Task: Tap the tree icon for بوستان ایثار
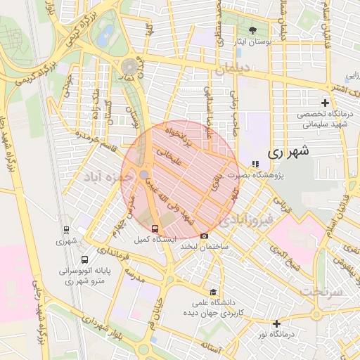252,30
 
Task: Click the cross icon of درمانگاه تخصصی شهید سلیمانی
324,103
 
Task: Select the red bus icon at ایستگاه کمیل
155,229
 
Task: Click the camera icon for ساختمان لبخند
204,236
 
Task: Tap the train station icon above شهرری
66,229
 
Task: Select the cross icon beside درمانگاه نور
277,324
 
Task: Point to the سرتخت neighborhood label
323,290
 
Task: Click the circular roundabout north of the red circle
129,67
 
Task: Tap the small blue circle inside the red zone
143,174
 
